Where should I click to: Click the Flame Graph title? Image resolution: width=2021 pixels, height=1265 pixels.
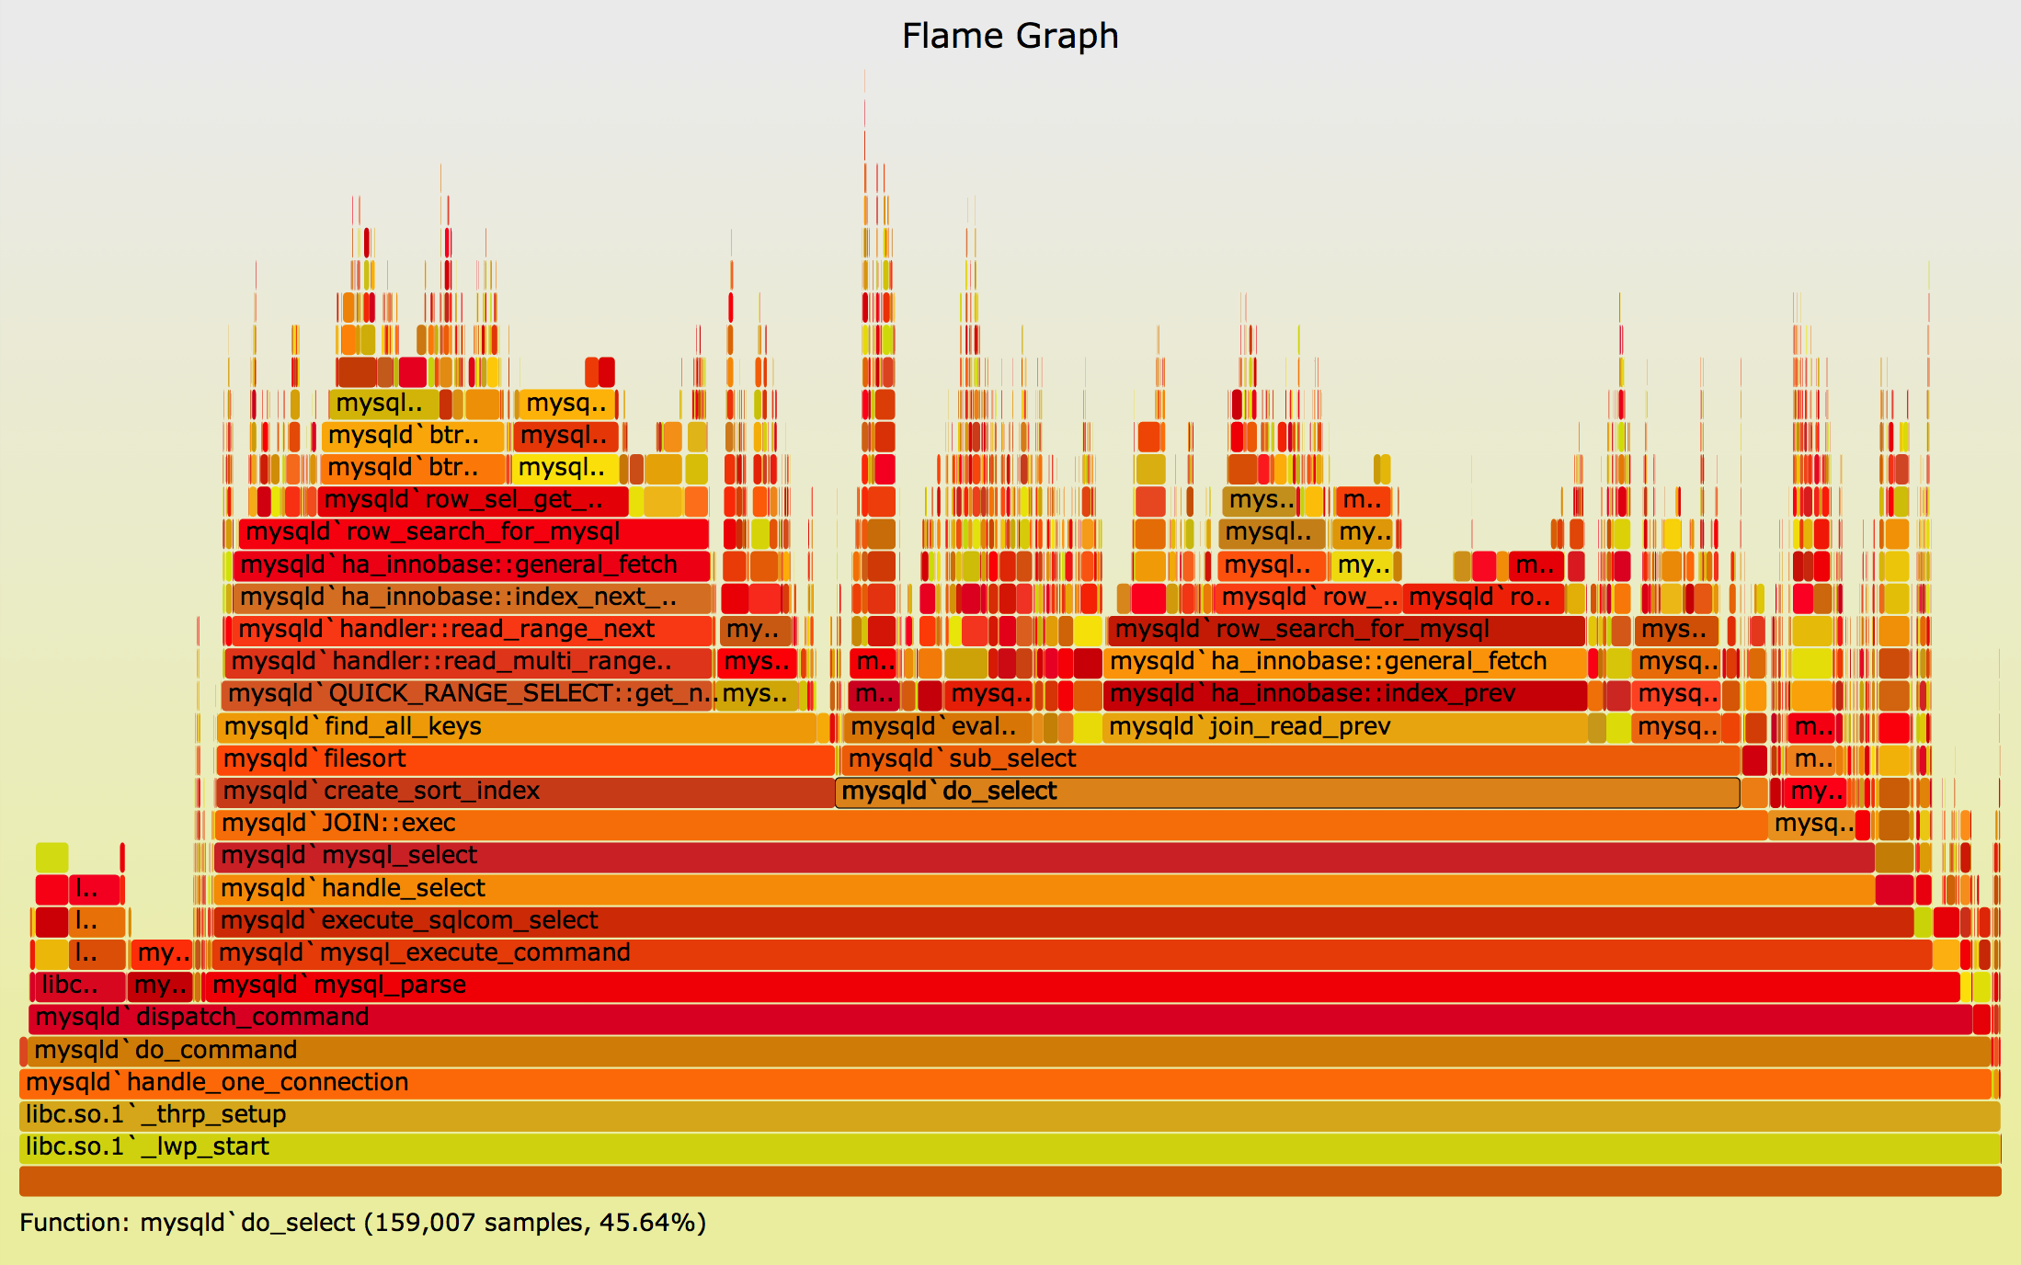coord(1010,37)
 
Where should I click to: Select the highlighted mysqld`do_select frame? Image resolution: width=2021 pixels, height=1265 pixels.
coord(1287,792)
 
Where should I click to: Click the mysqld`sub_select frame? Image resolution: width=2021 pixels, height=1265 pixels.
coord(1287,759)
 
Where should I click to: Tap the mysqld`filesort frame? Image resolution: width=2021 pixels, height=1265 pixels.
coord(524,759)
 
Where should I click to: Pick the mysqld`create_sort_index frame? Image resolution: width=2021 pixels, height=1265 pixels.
coord(524,792)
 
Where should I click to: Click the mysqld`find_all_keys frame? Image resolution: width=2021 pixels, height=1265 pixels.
coord(515,727)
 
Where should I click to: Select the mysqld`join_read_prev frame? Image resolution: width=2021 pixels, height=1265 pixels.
coord(1342,727)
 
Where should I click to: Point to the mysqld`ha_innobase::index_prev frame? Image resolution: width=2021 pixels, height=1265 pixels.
coord(1342,694)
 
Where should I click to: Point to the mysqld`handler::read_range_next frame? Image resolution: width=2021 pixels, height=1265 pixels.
coord(469,630)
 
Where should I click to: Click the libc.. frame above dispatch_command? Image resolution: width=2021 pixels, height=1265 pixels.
coord(77,986)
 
